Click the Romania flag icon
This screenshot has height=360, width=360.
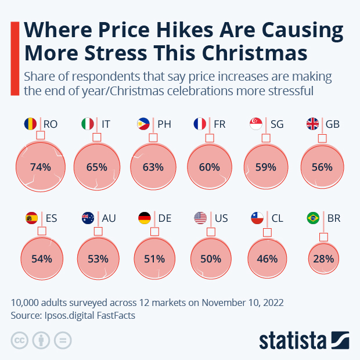point(31,124)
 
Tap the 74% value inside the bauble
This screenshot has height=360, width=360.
point(41,167)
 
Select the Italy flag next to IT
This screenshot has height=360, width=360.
point(88,124)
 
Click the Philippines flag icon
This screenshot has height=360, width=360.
point(143,124)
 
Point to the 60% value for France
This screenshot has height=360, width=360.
point(210,167)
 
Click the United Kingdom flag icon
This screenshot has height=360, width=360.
point(313,124)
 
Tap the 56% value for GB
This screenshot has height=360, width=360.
point(322,167)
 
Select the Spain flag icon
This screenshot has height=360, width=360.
point(31,218)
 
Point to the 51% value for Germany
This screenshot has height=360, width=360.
point(154,259)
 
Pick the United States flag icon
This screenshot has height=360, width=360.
point(200,218)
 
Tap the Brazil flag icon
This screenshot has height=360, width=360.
point(313,218)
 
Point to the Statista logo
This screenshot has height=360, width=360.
point(304,340)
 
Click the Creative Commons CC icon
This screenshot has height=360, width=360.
point(19,340)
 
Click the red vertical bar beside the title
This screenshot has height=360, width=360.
point(15,56)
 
